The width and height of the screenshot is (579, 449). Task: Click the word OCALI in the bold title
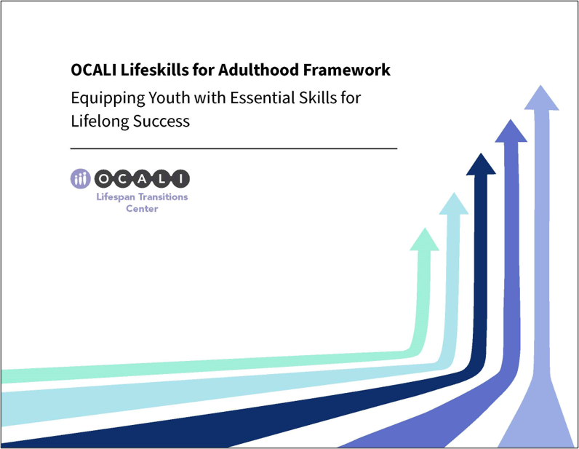pyautogui.click(x=94, y=70)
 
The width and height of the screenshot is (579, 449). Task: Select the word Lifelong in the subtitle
pyautogui.click(x=99, y=121)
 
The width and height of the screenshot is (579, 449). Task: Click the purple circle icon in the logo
pyautogui.click(x=81, y=179)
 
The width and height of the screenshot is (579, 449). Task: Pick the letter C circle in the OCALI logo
pyautogui.click(x=125, y=179)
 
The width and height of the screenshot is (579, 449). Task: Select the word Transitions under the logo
pyautogui.click(x=163, y=197)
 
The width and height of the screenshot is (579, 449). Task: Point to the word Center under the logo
pyautogui.click(x=142, y=209)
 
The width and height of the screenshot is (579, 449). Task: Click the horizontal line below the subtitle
pyautogui.click(x=233, y=148)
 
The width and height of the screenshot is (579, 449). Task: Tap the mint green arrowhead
pyautogui.click(x=424, y=239)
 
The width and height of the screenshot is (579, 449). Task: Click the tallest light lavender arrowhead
pyautogui.click(x=542, y=98)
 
